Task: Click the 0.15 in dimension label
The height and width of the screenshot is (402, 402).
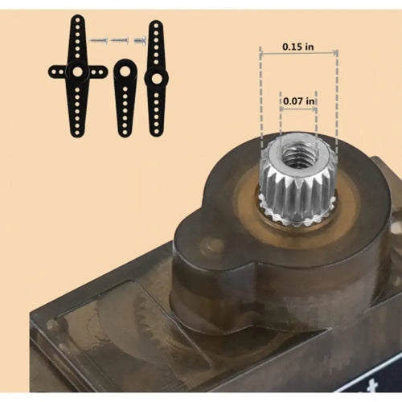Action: pos(298,47)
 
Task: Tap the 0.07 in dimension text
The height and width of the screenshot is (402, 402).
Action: pos(298,100)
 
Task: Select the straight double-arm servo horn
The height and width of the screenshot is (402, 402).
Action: pos(155,78)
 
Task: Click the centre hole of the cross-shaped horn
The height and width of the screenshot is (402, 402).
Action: pos(77,72)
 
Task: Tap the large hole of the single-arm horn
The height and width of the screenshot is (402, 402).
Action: pos(125,71)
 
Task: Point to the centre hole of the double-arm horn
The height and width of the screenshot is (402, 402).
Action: pos(155,78)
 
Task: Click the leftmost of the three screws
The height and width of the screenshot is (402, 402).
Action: pos(98,39)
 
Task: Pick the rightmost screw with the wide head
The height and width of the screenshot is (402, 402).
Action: pos(140,38)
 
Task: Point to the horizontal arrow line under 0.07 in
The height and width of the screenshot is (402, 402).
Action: pos(298,109)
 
